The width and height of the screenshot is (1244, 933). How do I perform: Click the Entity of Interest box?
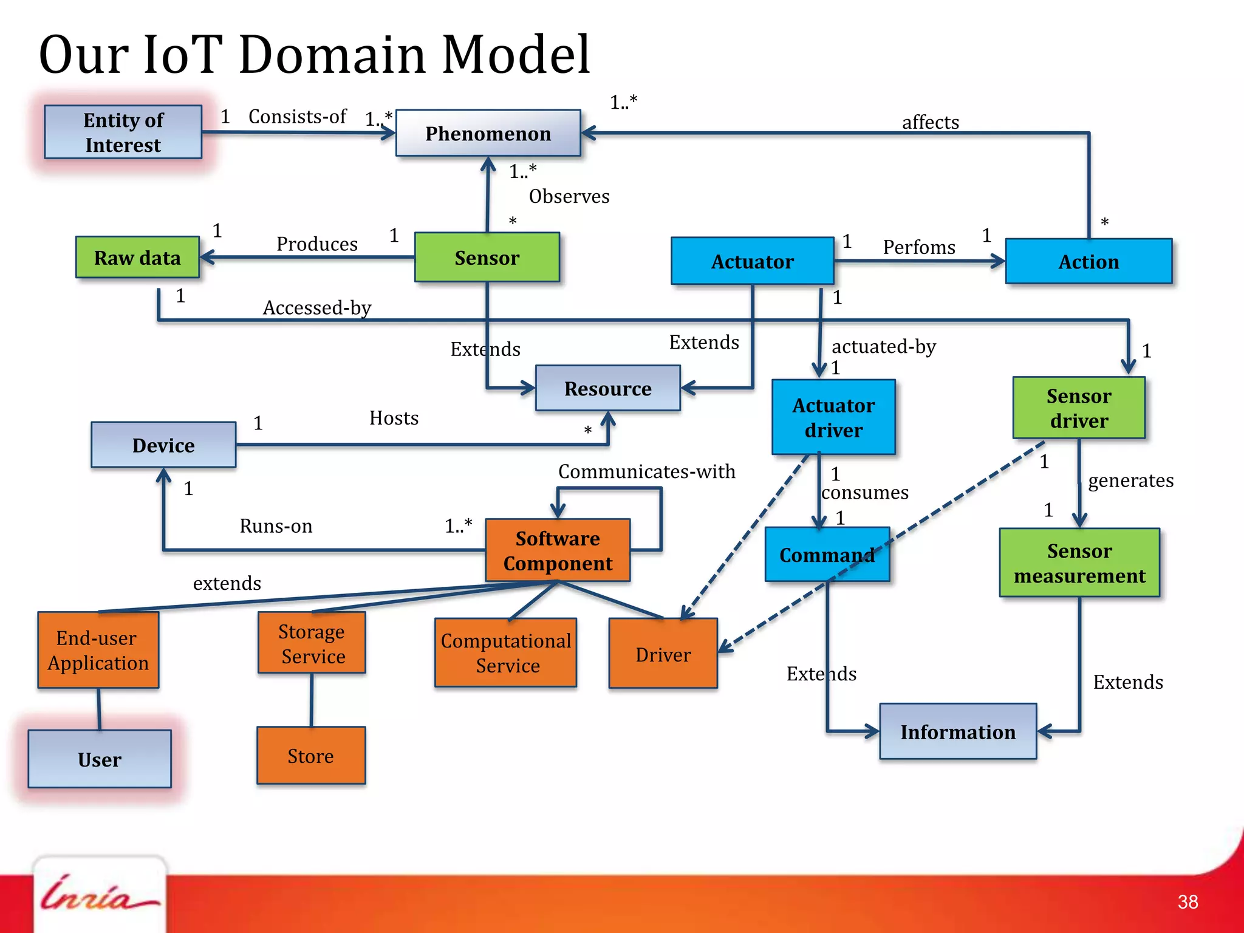(123, 132)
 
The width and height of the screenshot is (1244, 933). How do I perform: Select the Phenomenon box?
(488, 133)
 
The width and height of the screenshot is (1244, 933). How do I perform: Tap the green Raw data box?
(137, 258)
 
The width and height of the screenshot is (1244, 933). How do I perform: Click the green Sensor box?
(487, 258)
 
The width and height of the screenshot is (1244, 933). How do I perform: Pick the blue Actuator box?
(752, 261)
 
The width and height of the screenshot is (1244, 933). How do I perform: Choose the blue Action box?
(1088, 261)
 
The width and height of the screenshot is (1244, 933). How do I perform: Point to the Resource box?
(607, 388)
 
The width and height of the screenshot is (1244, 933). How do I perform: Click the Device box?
(163, 445)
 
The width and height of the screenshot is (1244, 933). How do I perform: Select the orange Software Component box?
(558, 550)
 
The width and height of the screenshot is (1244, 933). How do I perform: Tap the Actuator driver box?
(833, 417)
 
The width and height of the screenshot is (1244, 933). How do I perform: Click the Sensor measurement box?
(1079, 563)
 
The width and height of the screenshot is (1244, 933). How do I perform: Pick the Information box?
(958, 732)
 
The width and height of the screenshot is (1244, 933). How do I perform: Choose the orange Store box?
(311, 756)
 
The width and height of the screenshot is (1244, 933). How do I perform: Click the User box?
(100, 759)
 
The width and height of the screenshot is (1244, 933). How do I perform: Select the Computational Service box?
(505, 653)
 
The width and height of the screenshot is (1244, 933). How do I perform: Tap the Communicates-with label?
(646, 471)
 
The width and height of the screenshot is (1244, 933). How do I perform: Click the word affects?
(930, 122)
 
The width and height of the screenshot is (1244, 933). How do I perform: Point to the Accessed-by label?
(317, 308)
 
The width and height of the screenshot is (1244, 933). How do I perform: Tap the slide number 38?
(1188, 902)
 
